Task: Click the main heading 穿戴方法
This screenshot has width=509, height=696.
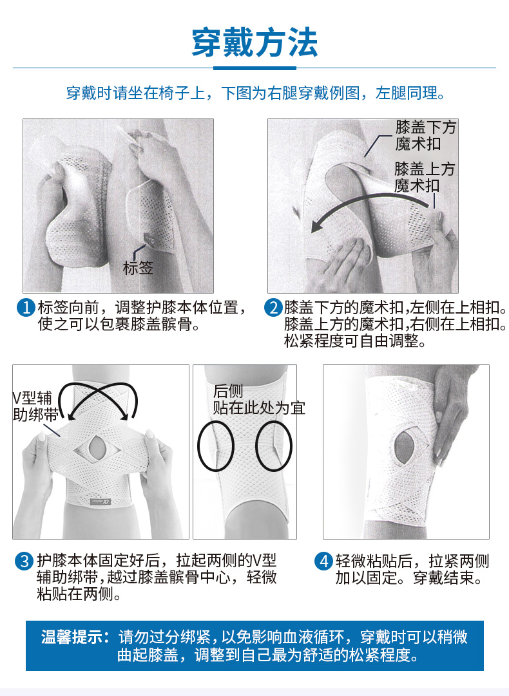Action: [x=254, y=42]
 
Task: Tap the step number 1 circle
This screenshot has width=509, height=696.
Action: [x=26, y=308]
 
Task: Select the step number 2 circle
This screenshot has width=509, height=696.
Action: [x=273, y=308]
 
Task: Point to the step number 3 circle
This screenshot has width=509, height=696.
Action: [x=24, y=561]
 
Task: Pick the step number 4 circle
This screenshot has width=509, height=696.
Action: [x=323, y=561]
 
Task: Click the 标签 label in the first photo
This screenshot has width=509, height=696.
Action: [x=138, y=268]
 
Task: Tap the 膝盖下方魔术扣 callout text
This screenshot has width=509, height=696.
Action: [x=425, y=135]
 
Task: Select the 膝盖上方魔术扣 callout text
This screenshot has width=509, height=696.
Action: [x=425, y=176]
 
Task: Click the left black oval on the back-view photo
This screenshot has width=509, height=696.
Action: [x=215, y=446]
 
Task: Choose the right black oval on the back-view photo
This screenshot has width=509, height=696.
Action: [x=274, y=446]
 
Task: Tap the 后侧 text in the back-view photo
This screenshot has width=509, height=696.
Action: [x=228, y=391]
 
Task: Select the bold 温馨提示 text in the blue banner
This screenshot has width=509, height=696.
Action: [x=75, y=637]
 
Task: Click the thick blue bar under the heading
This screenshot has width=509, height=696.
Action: [x=254, y=68]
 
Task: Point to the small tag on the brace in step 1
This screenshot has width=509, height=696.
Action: [x=152, y=240]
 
